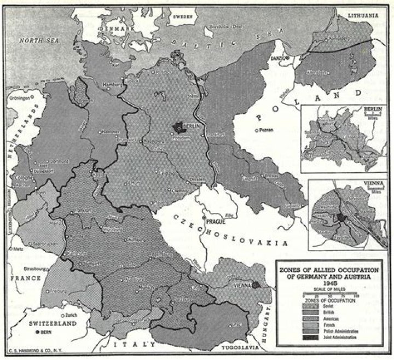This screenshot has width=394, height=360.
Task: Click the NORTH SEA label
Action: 40,40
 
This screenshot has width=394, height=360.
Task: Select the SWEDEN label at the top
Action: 183,17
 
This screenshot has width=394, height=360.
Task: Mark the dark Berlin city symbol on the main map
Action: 178,127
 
